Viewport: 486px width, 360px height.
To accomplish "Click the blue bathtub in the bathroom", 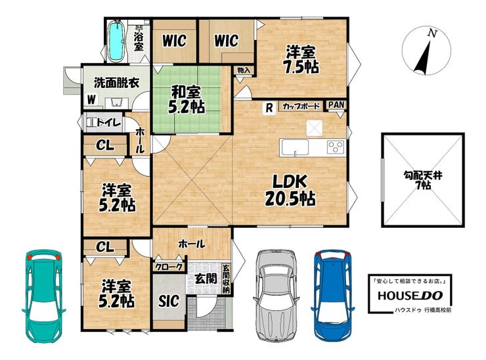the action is point(116,41).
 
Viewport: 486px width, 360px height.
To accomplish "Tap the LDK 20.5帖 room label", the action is point(290,190).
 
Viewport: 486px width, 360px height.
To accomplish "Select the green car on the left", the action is point(44,296).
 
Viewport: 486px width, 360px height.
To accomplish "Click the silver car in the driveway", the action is point(276,295).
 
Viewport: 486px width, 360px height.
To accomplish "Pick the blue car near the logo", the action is point(333,294).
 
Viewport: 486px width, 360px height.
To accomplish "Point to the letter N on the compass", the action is point(431,34).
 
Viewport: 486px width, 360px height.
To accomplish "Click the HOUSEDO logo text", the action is point(410,296).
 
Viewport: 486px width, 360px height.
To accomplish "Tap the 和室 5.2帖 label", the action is point(186,100).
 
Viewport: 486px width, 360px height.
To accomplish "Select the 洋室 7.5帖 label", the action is point(300,60).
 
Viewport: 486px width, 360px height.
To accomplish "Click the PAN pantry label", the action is point(336,105).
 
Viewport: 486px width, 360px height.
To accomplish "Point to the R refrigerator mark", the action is point(269,108).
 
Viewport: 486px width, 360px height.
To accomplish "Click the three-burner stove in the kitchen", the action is point(336,147).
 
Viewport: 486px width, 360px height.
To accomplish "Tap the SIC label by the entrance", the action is point(169,300).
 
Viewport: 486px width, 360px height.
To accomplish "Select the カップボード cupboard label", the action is point(301,106).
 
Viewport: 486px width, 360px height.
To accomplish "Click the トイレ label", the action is point(108,123).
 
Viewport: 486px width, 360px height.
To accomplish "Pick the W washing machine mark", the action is point(91,100).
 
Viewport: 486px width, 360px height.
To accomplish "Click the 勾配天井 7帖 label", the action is point(423,181).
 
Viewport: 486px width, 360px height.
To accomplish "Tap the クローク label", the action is point(169,267).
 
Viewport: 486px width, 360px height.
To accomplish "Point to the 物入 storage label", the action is point(244,70).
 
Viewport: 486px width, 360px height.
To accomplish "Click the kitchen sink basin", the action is point(294,148).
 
